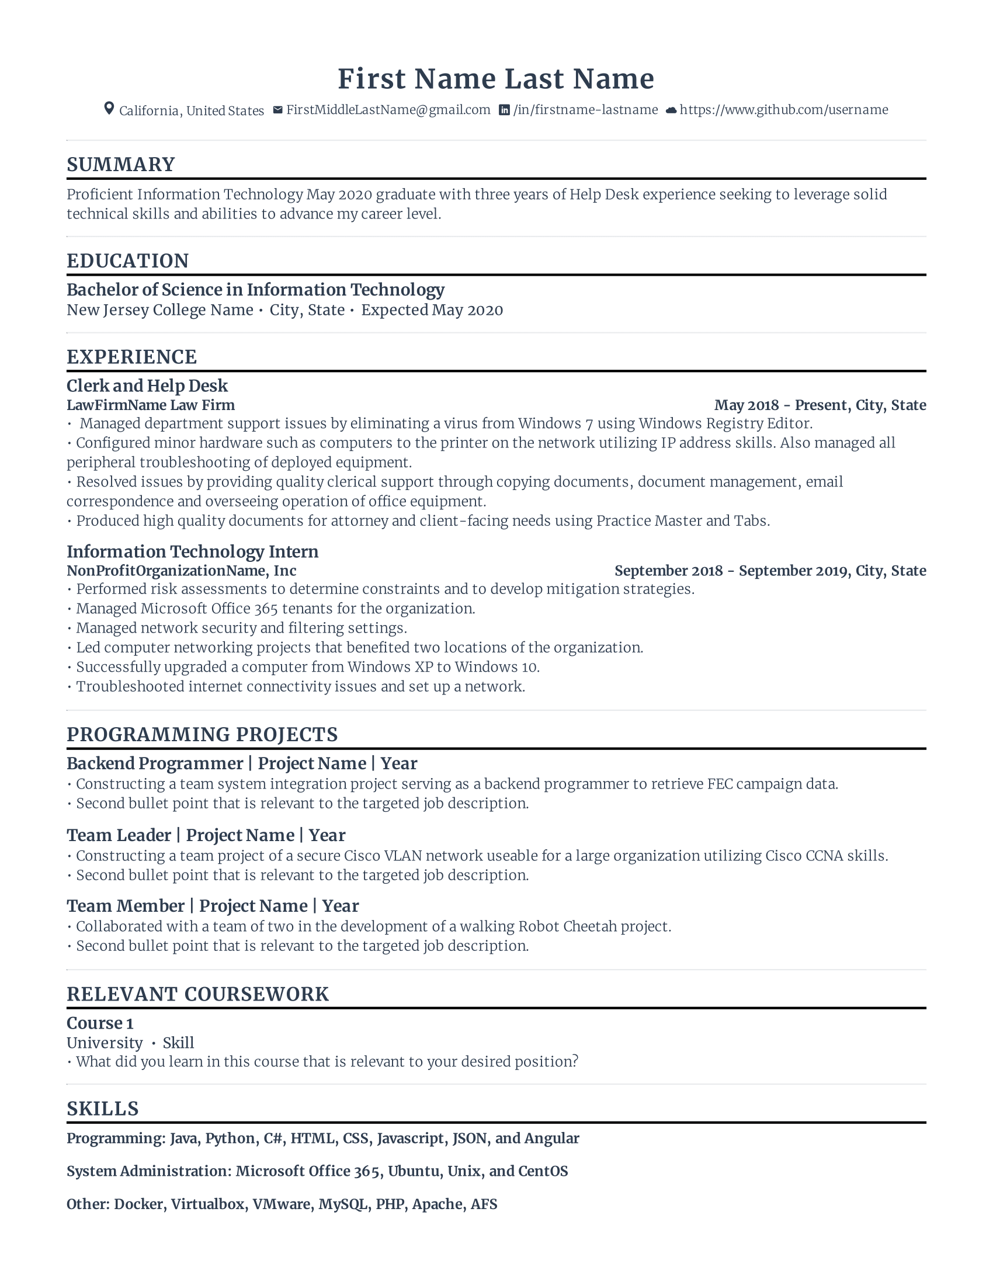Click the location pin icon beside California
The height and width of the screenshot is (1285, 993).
point(109,109)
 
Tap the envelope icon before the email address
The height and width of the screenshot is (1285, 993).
point(277,110)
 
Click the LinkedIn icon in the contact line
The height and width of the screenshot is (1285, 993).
point(504,110)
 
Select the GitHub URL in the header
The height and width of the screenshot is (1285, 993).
point(783,110)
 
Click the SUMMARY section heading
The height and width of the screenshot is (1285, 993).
point(120,165)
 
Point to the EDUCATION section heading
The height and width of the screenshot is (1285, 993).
point(128,261)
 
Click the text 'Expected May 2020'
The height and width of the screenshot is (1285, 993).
point(432,310)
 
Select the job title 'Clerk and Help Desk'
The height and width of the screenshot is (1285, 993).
point(147,386)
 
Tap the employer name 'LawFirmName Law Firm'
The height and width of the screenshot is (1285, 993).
point(150,405)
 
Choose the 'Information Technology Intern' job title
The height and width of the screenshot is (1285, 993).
point(192,552)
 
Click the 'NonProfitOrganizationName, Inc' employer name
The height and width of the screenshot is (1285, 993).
point(181,571)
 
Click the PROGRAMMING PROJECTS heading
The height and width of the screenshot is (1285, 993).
point(202,735)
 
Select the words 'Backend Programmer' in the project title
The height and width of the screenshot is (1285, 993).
point(155,764)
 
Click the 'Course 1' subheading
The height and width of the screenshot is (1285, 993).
point(100,1023)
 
